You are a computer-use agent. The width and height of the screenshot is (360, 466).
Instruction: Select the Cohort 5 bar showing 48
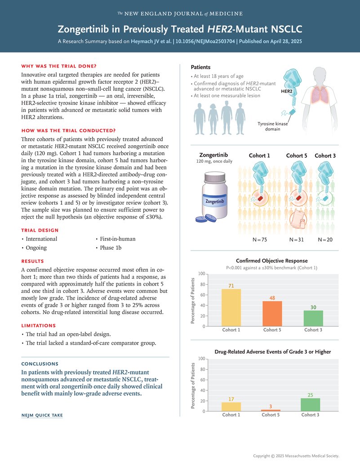pyautogui.click(x=272, y=314)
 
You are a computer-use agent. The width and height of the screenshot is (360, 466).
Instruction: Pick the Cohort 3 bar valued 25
pyautogui.click(x=310, y=405)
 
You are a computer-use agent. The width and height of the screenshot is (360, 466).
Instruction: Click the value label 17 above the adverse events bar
pyautogui.click(x=231, y=399)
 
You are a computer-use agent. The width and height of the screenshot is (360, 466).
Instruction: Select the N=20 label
pyautogui.click(x=325, y=240)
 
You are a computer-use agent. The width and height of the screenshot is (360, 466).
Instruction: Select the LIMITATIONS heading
pyautogui.click(x=39, y=325)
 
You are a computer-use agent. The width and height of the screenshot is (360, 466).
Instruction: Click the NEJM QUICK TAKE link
pyautogui.click(x=42, y=415)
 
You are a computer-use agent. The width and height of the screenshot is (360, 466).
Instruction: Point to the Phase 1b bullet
pyautogui.click(x=111, y=247)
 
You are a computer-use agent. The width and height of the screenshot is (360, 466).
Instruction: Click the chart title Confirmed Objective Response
pyautogui.click(x=271, y=260)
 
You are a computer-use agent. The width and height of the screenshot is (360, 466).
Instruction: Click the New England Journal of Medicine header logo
pyautogui.click(x=180, y=13)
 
